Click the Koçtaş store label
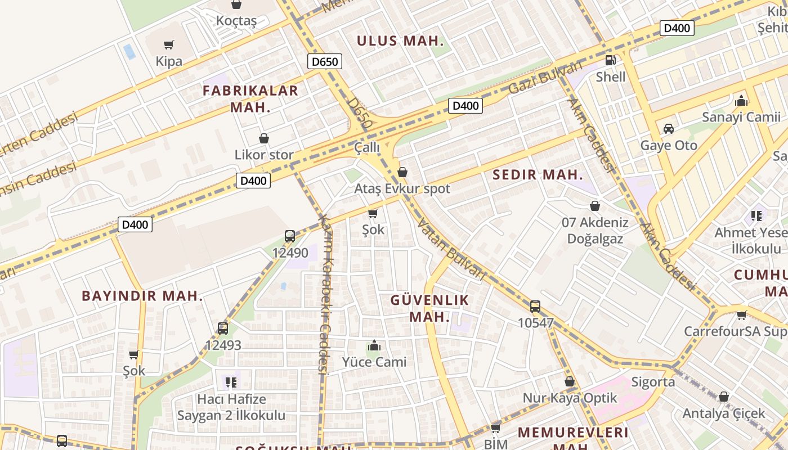pyautogui.click(x=236, y=21)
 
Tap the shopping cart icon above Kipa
pyautogui.click(x=168, y=44)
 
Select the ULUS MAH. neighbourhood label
pyautogui.click(x=400, y=41)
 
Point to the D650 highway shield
pyautogui.click(x=325, y=61)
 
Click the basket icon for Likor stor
pyautogui.click(x=263, y=138)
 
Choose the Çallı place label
pyautogui.click(x=367, y=148)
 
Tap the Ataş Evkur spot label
pyautogui.click(x=402, y=189)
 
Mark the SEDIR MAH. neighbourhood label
pyautogui.click(x=538, y=174)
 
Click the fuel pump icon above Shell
pyautogui.click(x=610, y=60)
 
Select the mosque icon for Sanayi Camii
pyautogui.click(x=741, y=101)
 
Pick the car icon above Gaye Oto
pyautogui.click(x=669, y=129)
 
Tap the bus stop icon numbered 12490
pyautogui.click(x=290, y=236)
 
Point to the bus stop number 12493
pyautogui.click(x=223, y=345)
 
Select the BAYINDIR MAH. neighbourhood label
pyautogui.click(x=142, y=296)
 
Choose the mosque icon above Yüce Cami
pyautogui.click(x=374, y=345)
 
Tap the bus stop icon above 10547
pyautogui.click(x=535, y=307)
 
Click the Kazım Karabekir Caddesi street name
pyautogui.click(x=325, y=292)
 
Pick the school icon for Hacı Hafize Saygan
pyautogui.click(x=231, y=382)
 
